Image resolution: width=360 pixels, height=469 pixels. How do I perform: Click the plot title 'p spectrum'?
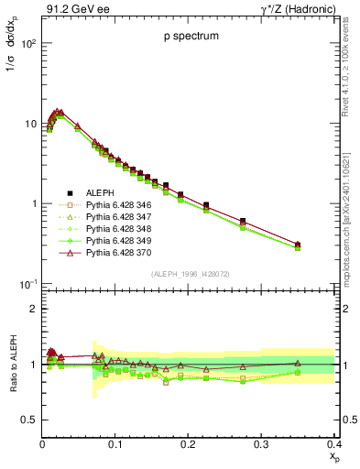[188, 37]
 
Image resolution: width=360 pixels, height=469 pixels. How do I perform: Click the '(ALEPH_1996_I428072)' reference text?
[188, 275]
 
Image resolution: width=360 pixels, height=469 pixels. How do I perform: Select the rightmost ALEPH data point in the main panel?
[322, 245]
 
